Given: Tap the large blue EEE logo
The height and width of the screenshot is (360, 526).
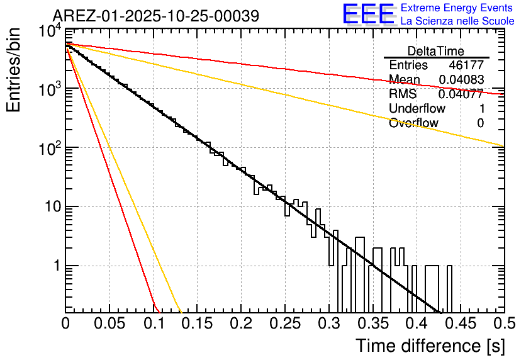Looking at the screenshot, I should coord(368,14).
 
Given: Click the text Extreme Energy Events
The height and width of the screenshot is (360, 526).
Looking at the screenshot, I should coord(457,8).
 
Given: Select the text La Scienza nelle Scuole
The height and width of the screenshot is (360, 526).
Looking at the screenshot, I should coord(457,21).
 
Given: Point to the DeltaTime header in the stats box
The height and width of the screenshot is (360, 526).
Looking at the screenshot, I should coord(436,51).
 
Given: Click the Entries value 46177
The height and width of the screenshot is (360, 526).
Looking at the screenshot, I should coord(466,65).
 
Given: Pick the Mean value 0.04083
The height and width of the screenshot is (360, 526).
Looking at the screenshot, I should coord(461,80).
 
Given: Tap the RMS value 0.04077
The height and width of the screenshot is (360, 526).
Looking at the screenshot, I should coord(461,94).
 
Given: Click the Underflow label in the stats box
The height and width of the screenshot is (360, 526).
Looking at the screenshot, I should coord(417,109).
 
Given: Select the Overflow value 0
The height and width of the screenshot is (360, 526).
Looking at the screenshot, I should coord(480,123).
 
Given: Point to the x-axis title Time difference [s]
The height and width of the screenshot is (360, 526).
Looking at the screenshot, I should coord(429,346).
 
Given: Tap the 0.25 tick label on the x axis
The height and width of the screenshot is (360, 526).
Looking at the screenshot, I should coord(285,324).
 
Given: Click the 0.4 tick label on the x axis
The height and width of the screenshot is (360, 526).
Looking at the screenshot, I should coord(416,324).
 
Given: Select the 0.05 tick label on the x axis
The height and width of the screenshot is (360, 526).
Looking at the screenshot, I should coord(109,324).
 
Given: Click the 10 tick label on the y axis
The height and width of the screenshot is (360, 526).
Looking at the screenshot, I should coord(47,207).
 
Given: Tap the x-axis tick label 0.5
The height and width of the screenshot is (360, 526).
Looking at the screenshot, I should coord(503,324).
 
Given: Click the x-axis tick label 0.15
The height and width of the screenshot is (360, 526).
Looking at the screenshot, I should coord(197,324).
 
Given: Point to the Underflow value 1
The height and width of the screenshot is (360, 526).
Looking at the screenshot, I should coord(480,109).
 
